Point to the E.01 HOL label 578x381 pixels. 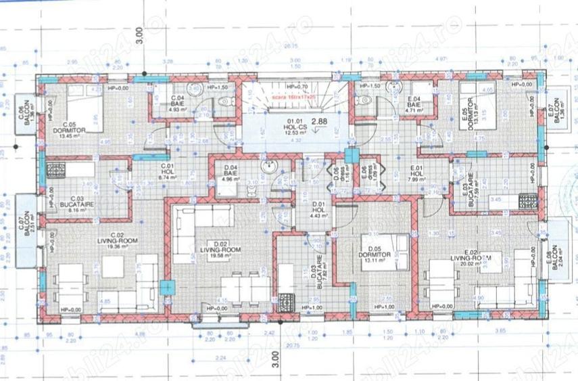(x=416, y=175)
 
